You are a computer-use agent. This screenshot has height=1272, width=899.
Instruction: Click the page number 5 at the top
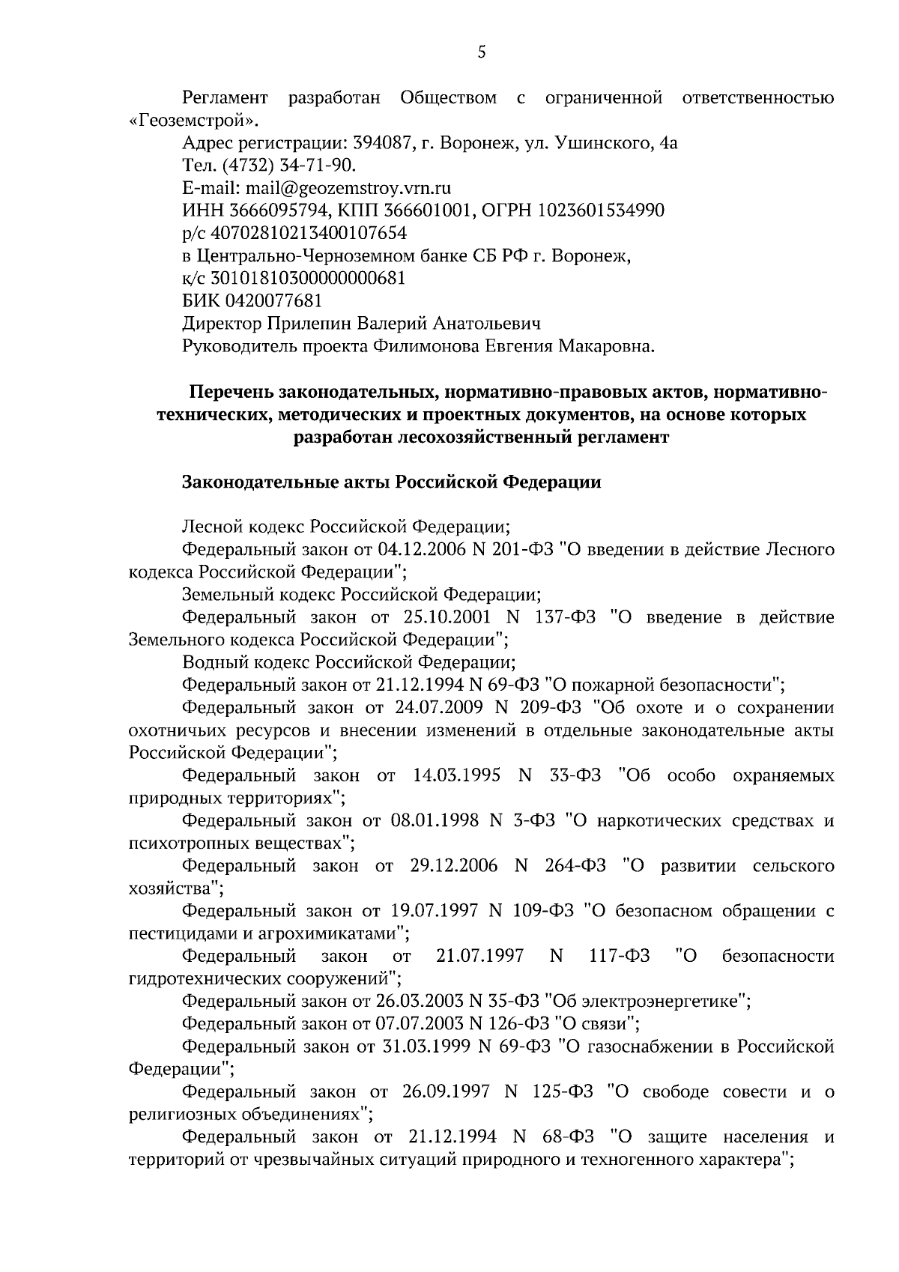click(482, 52)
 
